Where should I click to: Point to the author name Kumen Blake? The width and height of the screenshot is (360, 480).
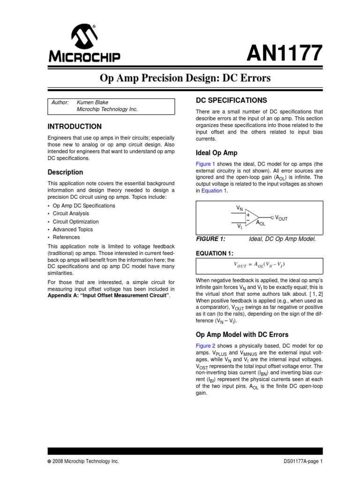(96, 102)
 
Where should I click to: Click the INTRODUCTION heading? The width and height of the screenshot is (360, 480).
(75, 127)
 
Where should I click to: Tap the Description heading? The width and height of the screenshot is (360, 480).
(66, 172)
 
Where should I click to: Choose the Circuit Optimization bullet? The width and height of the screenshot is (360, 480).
(75, 222)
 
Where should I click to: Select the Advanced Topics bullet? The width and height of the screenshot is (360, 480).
(73, 230)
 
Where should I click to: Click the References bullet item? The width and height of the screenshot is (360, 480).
(66, 237)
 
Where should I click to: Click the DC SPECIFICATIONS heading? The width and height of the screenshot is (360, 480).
(231, 100)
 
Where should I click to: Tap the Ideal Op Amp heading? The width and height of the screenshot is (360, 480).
(216, 153)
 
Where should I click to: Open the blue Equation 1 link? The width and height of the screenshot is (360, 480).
(214, 191)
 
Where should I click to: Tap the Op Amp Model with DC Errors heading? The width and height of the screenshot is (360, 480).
(241, 335)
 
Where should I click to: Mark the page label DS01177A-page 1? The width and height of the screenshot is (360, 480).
(303, 461)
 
